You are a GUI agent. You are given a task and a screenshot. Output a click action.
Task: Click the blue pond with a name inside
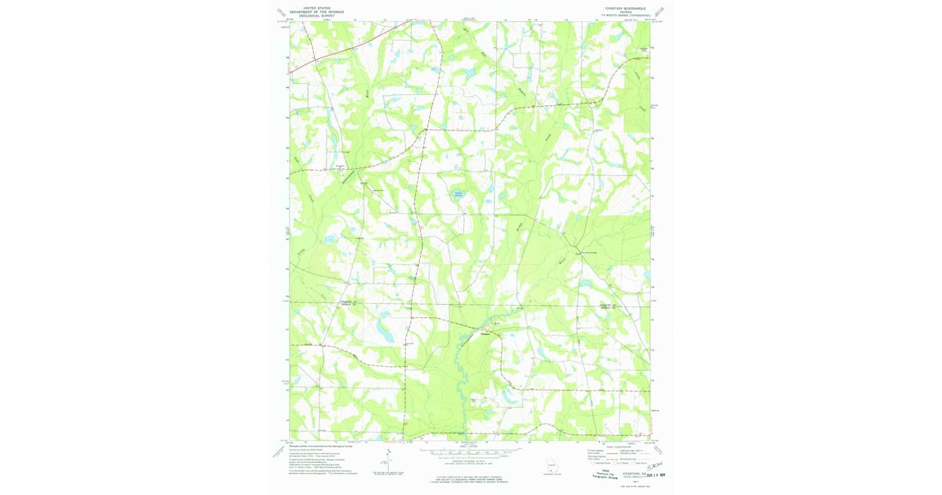coord(458,193)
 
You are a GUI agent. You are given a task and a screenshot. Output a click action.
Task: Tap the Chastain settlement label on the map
coord(485,332)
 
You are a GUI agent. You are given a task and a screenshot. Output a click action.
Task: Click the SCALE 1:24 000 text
coord(471,446)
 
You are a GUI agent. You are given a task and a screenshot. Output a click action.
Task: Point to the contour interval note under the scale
coord(471,463)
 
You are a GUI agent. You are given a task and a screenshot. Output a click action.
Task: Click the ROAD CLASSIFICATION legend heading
coord(621,445)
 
